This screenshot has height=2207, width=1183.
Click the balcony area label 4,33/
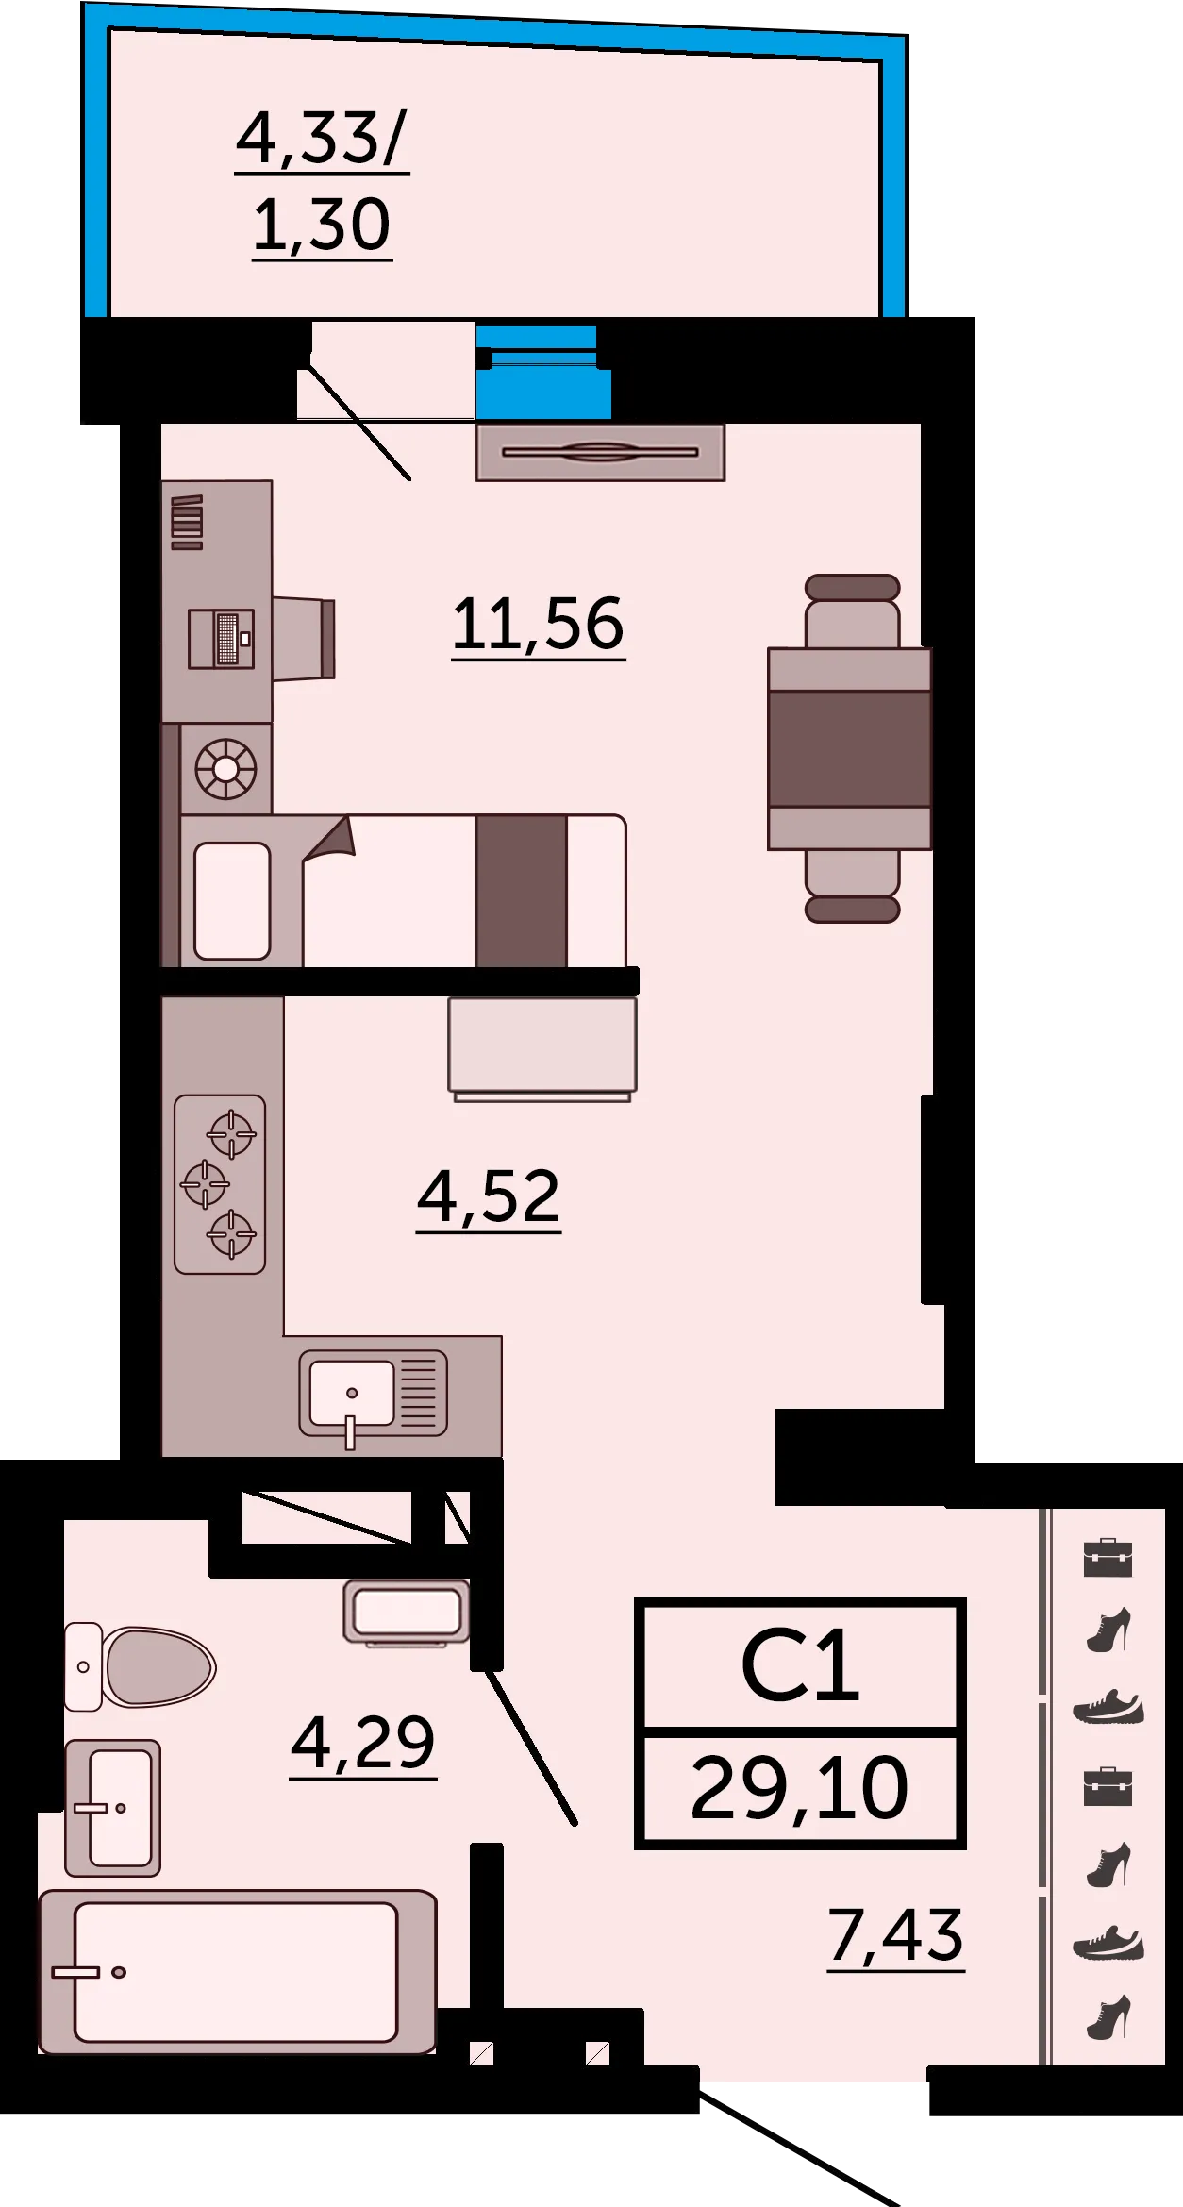tap(322, 139)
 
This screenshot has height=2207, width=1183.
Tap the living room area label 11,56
tap(538, 624)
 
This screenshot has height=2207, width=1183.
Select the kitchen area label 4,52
tap(489, 1196)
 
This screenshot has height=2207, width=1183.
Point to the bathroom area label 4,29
tap(362, 1743)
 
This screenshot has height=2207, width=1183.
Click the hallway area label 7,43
tap(895, 1935)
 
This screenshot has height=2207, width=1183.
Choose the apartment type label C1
tap(801, 1666)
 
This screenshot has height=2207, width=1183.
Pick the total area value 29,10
tap(799, 1788)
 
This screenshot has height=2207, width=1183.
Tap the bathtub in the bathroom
tap(238, 1971)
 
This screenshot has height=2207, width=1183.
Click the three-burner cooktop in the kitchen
tap(220, 1184)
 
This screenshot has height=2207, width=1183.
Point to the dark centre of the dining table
tap(849, 748)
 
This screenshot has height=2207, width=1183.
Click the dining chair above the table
tap(853, 610)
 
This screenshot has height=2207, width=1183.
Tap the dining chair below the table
tap(853, 885)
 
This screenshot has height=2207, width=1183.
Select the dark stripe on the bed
tap(521, 891)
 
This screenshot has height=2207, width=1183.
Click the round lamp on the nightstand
tap(225, 769)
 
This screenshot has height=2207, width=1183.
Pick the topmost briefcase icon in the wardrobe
tap(1108, 1558)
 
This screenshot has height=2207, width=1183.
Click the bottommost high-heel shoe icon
tap(1108, 2017)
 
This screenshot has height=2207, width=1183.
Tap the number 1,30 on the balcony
tap(322, 226)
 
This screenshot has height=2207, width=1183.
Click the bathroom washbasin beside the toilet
tap(113, 1808)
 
